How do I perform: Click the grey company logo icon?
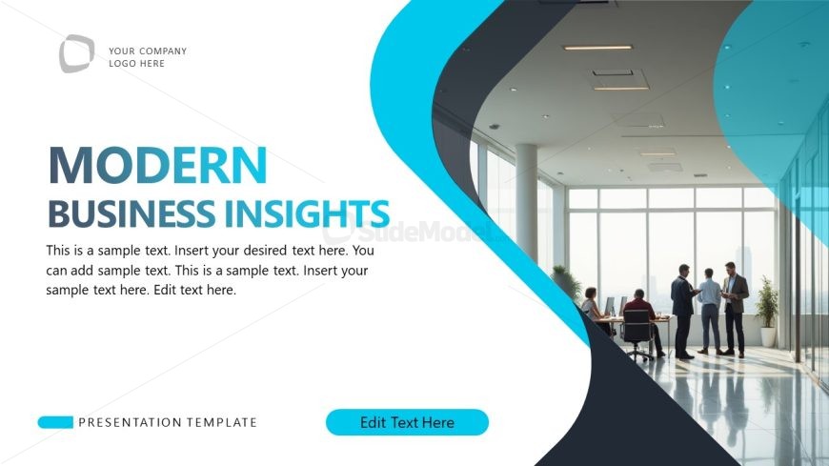(76, 53)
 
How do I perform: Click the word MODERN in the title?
(157, 166)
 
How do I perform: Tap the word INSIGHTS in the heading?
(307, 213)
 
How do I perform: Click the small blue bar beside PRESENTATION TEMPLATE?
(55, 422)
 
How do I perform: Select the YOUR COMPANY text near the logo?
(148, 51)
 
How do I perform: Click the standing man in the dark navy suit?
(682, 307)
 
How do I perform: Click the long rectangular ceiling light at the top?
(596, 47)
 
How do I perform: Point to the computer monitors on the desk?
(616, 306)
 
